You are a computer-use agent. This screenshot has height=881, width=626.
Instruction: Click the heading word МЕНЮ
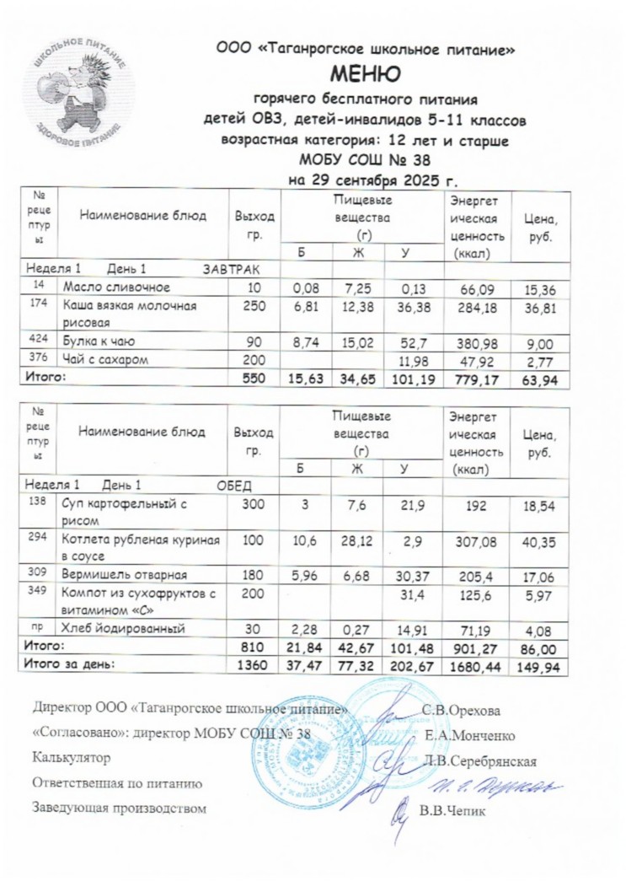tap(366, 75)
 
